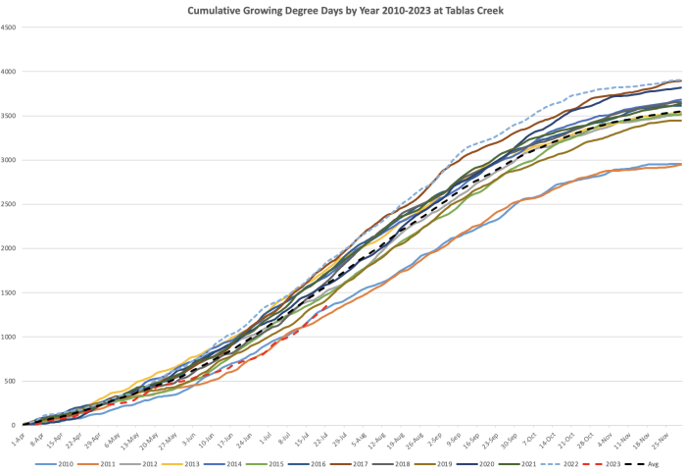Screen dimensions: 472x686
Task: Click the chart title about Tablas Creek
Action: [341, 10]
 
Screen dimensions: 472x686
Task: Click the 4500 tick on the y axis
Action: [9, 27]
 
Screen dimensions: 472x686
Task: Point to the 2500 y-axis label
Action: [9, 204]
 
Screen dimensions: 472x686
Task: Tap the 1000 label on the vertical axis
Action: [9, 337]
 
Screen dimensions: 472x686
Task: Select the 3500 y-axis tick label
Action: [9, 116]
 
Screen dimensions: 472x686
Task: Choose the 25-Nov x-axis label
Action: [663, 436]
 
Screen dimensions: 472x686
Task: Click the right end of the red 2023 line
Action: [325, 306]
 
